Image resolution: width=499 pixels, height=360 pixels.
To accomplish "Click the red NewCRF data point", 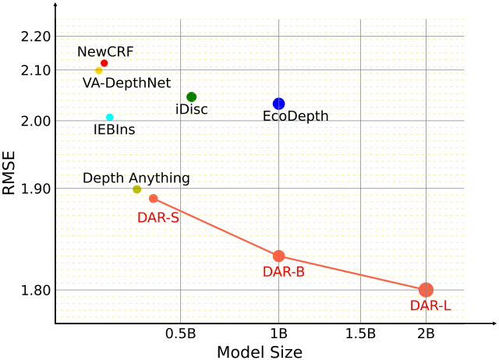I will (104, 63).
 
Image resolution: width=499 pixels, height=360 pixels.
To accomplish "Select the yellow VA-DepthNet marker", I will (99, 71).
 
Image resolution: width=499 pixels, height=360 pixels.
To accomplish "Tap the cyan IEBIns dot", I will (110, 118).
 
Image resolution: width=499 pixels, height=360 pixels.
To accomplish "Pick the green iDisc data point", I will (192, 97).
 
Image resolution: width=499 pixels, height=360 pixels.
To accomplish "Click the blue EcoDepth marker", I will (279, 104).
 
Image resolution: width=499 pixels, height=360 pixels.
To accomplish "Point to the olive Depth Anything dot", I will (137, 189).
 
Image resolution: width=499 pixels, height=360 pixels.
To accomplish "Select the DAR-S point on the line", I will (154, 199).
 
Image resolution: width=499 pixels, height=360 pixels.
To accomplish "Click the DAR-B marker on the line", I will (278, 256).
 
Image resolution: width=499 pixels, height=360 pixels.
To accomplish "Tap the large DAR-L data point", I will (426, 290).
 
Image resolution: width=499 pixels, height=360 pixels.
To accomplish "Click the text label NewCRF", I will (105, 51).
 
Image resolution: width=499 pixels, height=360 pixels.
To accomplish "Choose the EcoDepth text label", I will (296, 117).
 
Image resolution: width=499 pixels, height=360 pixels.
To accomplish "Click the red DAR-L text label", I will (430, 306).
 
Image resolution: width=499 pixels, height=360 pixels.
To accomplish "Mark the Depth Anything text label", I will (136, 178).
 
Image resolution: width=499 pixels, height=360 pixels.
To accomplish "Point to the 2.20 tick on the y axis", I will (32, 37).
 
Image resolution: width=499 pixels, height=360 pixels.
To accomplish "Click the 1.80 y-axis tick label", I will (32, 291).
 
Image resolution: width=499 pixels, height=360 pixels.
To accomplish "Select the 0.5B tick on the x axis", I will (180, 334).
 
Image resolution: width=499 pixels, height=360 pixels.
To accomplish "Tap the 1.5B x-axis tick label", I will (360, 334).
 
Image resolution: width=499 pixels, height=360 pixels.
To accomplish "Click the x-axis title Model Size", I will (260, 351).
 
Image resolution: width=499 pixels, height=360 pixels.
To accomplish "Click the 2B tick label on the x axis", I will (426, 334).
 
